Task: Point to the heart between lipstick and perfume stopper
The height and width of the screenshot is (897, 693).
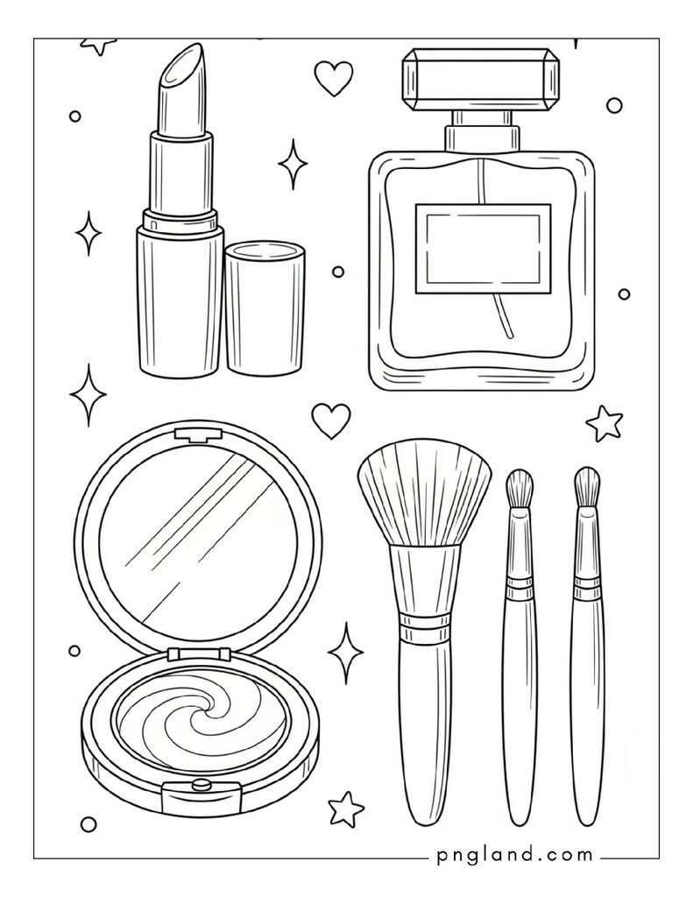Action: (333, 78)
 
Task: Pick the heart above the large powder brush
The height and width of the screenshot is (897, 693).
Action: (331, 420)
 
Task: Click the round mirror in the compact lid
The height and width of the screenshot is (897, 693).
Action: (198, 543)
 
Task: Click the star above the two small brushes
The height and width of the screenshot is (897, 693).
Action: (605, 423)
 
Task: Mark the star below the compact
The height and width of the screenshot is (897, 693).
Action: (346, 807)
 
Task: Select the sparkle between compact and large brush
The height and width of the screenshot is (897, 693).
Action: (346, 653)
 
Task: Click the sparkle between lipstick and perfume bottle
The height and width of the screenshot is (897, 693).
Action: (293, 164)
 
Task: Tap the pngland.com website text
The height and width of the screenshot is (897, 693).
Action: (511, 856)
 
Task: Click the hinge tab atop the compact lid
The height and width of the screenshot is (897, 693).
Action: (189, 434)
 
